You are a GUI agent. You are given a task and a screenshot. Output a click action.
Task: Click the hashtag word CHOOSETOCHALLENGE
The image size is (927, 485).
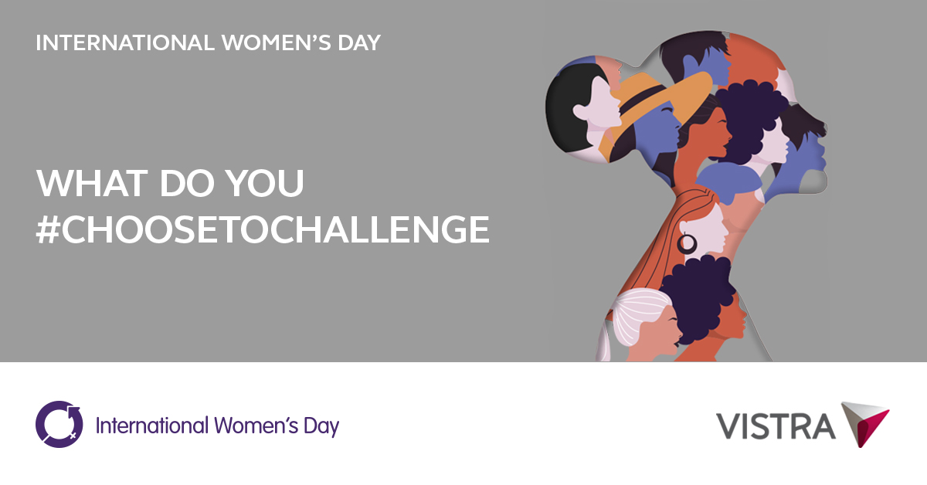[274, 229]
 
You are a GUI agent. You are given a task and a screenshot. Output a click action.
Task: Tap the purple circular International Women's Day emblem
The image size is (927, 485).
[59, 424]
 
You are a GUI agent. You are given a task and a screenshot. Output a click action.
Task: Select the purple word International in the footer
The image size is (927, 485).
[152, 425]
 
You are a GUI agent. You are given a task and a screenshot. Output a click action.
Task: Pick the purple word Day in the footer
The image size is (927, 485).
[325, 426]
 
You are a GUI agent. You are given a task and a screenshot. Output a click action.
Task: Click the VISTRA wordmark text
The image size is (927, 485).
[775, 426]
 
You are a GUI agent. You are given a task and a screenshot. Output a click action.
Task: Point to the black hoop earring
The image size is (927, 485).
[687, 244]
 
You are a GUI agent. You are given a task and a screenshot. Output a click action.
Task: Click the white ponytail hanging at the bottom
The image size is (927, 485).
[604, 344]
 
